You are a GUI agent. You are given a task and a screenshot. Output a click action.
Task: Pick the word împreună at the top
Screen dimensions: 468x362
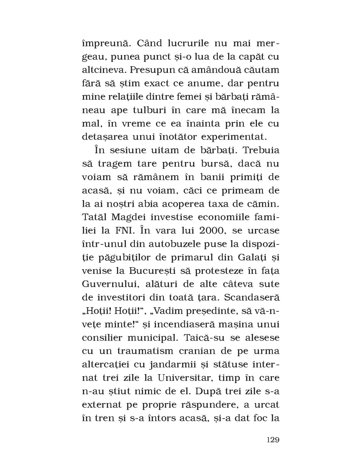coord(104,43)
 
